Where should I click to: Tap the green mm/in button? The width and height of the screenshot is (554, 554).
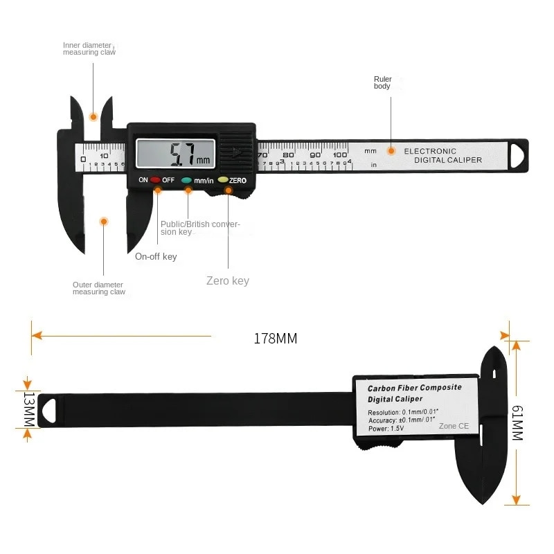pyautogui.click(x=187, y=179)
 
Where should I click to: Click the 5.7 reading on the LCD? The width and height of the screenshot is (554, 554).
pyautogui.click(x=183, y=153)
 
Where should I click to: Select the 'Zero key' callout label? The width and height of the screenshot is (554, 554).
pyautogui.click(x=228, y=280)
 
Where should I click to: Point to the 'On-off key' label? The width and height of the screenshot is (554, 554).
pyautogui.click(x=156, y=257)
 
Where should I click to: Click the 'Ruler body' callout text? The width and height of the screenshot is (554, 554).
pyautogui.click(x=382, y=82)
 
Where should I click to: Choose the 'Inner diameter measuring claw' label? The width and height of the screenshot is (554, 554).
pyautogui.click(x=89, y=48)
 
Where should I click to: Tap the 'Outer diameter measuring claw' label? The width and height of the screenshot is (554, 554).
pyautogui.click(x=99, y=288)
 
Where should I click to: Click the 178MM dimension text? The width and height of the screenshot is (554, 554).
pyautogui.click(x=275, y=339)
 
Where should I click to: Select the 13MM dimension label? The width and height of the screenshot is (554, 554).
pyautogui.click(x=28, y=409)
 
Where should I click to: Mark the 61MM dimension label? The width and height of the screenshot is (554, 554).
pyautogui.click(x=517, y=423)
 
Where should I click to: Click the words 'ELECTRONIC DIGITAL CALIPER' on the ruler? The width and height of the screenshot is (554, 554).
pyautogui.click(x=443, y=155)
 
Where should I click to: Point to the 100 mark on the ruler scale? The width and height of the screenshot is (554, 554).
pyautogui.click(x=339, y=154)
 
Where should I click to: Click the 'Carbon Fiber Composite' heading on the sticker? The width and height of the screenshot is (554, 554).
pyautogui.click(x=414, y=388)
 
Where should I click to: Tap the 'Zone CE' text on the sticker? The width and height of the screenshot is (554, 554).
pyautogui.click(x=454, y=426)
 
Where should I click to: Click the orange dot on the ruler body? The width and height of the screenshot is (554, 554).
pyautogui.click(x=391, y=151)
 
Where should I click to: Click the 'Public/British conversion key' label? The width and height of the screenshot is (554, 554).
pyautogui.click(x=200, y=228)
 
